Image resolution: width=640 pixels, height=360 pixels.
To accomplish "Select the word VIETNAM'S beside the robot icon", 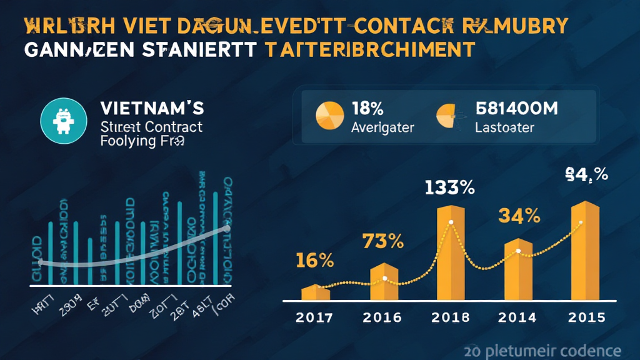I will (152, 108).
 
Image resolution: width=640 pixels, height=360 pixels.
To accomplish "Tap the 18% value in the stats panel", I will (367, 108).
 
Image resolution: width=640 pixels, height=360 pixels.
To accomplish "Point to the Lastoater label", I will (504, 127).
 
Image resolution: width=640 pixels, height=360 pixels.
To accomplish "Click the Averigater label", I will (382, 127).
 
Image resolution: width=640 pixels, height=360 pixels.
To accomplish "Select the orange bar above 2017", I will (316, 292).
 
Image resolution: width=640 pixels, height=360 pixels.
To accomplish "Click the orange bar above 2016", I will (384, 282).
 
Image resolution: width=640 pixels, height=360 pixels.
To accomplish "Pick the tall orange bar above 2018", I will (451, 252).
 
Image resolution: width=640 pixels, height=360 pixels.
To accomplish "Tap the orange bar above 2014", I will (517, 269).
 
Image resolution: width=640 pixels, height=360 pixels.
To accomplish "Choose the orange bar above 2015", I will (585, 250).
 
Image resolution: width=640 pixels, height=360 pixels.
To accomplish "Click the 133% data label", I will (449, 187).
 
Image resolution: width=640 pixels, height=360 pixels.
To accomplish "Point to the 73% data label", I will (383, 241).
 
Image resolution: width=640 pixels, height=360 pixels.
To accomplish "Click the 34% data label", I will (519, 216).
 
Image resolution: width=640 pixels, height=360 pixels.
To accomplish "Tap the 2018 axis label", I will (450, 317).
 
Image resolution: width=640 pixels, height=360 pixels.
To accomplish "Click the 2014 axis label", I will (517, 317).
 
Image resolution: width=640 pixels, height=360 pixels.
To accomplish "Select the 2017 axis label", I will (315, 317).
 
